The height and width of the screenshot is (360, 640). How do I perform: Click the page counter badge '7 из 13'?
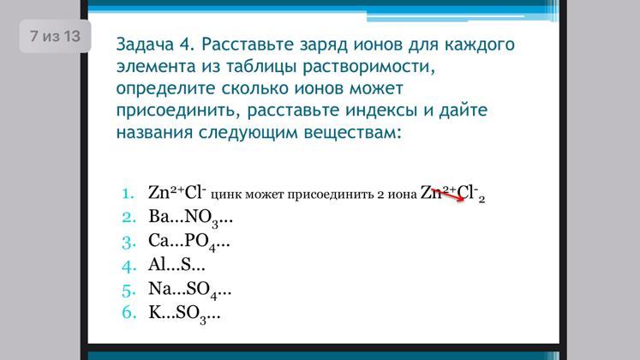[x=55, y=36]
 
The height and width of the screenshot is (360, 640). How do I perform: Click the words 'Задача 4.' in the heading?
[x=155, y=45]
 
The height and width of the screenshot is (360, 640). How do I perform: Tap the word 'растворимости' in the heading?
[x=369, y=67]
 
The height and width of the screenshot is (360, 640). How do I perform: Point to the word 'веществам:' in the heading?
[x=353, y=133]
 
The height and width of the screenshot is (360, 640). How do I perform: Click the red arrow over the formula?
[x=448, y=195]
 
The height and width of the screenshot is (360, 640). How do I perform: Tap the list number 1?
[x=129, y=194]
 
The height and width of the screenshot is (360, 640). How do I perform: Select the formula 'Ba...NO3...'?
[x=190, y=218]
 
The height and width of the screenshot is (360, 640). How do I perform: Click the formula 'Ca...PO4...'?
[x=189, y=242]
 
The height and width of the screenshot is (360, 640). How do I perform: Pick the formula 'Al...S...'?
[x=176, y=265]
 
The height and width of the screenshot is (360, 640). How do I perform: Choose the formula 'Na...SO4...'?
[x=190, y=291]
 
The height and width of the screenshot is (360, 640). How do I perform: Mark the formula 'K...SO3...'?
[x=184, y=315]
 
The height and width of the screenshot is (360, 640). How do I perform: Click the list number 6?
[x=129, y=313]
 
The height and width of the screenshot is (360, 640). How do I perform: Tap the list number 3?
[x=129, y=243]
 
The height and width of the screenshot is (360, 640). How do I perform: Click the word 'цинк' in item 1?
[x=221, y=195]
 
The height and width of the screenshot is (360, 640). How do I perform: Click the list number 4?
[x=129, y=267]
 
